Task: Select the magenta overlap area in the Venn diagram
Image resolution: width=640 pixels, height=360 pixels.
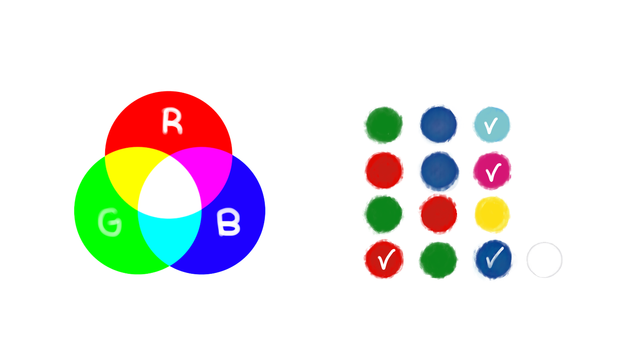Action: (213, 174)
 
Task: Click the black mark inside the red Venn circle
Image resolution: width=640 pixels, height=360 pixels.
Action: (166, 121)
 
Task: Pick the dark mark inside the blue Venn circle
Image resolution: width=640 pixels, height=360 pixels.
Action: (227, 226)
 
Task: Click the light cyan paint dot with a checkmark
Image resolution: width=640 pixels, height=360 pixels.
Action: (491, 125)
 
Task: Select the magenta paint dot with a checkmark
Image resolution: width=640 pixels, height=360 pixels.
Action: (492, 171)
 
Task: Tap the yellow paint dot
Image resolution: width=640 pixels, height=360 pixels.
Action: (492, 215)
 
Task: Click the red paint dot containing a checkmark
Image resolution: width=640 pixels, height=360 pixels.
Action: (384, 259)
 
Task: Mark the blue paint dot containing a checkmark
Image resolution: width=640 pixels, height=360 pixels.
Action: (493, 260)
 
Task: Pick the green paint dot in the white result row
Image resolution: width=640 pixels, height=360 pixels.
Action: (438, 260)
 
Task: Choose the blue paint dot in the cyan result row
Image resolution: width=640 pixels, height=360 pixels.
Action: (439, 125)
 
